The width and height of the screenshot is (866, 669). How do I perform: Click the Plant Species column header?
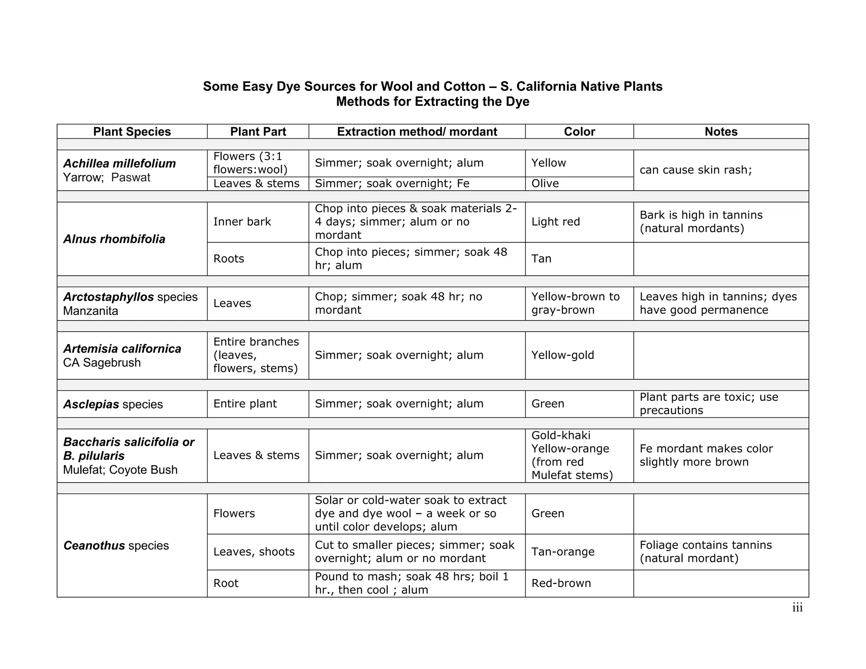[x=132, y=132]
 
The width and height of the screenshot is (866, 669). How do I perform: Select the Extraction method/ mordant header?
[x=417, y=132]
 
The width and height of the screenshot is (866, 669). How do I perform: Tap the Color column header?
[x=579, y=132]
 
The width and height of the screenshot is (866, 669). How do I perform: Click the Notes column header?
[x=721, y=132]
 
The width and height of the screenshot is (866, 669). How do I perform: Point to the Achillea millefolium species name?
[x=120, y=163]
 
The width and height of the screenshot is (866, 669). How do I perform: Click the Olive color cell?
[x=545, y=184]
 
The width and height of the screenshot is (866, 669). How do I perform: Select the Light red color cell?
[x=556, y=222]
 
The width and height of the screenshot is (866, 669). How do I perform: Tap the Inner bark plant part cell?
[x=242, y=222]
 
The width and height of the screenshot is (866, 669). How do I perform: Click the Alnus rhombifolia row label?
[x=114, y=239]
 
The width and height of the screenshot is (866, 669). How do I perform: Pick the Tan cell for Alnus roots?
[x=541, y=258]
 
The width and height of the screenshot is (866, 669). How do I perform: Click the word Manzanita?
[x=90, y=311]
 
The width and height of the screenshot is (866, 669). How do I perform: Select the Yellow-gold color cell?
[x=562, y=355]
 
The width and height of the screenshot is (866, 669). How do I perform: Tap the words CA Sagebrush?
[x=102, y=362]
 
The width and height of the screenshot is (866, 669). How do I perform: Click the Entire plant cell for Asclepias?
[x=245, y=403]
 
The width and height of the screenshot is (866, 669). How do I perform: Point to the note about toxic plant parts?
[x=709, y=403]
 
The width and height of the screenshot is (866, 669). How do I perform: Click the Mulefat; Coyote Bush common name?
[x=120, y=470]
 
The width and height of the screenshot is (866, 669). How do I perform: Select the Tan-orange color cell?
[x=563, y=551]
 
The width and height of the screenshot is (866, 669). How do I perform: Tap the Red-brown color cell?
[x=561, y=583]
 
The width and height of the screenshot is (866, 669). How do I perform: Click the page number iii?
[x=797, y=608]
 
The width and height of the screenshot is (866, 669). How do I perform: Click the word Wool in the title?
[x=397, y=86]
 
